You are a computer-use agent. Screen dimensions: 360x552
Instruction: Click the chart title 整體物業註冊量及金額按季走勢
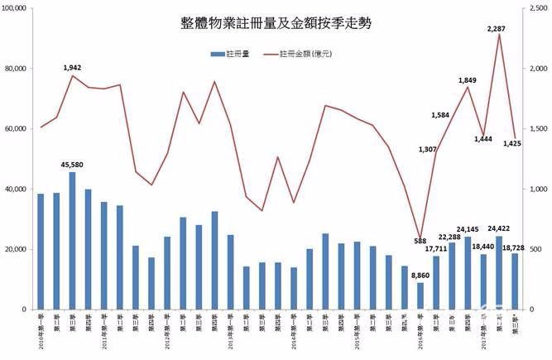point(276,24)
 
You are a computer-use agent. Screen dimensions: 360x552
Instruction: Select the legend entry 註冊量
point(234,55)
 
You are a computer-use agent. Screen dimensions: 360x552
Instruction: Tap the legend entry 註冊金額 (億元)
point(305,55)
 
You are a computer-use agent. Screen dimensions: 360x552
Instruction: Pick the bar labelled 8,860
point(420,295)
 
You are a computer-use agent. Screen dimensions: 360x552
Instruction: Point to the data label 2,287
point(497,29)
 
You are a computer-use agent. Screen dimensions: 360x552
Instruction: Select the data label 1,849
point(468,80)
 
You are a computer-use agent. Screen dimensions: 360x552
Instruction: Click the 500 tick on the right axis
point(535,249)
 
